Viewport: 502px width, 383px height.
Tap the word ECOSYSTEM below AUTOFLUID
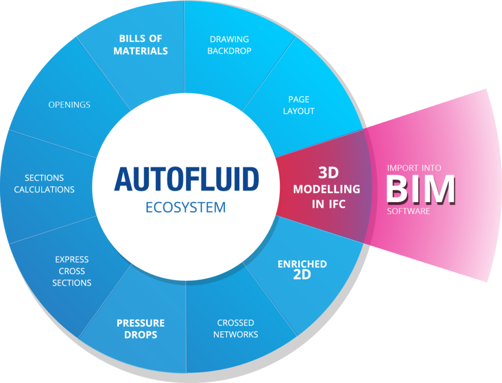186,207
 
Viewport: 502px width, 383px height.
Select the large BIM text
420,189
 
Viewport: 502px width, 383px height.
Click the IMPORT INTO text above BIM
414,168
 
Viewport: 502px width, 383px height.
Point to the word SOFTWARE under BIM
408,211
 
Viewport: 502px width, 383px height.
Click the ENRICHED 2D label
302,269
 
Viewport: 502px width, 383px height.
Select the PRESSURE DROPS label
140,329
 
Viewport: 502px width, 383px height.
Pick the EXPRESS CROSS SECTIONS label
72,271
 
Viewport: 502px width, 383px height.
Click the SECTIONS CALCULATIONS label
44,183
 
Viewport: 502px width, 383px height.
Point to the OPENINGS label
69,105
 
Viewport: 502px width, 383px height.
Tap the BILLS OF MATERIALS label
141,45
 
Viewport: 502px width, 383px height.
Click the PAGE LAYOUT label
299,105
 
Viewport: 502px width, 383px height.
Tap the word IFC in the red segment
337,204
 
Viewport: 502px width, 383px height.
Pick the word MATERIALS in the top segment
141,51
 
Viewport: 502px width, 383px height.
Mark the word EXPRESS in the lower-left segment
72,259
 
